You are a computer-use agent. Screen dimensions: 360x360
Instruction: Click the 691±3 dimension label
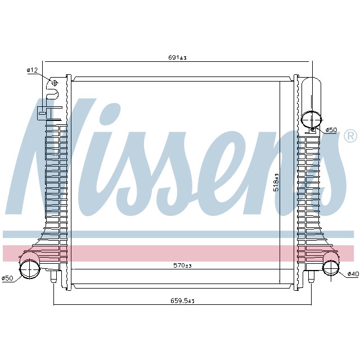pyautogui.click(x=178, y=57)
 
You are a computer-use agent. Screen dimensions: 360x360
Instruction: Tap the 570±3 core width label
pyautogui.click(x=181, y=265)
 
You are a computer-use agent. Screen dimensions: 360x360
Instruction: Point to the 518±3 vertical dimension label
pyautogui.click(x=276, y=182)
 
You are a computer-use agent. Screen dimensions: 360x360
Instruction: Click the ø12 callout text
pyautogui.click(x=32, y=70)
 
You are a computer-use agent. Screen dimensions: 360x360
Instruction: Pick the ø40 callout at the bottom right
pyautogui.click(x=353, y=274)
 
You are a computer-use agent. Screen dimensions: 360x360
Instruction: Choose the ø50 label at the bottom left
pyautogui.click(x=7, y=278)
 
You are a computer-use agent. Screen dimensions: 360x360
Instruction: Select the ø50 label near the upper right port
pyautogui.click(x=331, y=130)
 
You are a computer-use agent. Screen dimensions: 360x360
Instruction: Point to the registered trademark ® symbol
pyautogui.click(x=349, y=136)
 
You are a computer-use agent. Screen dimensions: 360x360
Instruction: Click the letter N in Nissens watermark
pyautogui.click(x=62, y=157)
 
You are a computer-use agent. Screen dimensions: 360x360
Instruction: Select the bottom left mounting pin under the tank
pyautogui.click(x=54, y=277)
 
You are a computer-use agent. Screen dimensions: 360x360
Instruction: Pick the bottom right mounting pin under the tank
pyautogui.click(x=309, y=276)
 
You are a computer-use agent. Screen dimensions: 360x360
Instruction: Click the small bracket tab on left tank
pyautogui.click(x=43, y=112)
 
